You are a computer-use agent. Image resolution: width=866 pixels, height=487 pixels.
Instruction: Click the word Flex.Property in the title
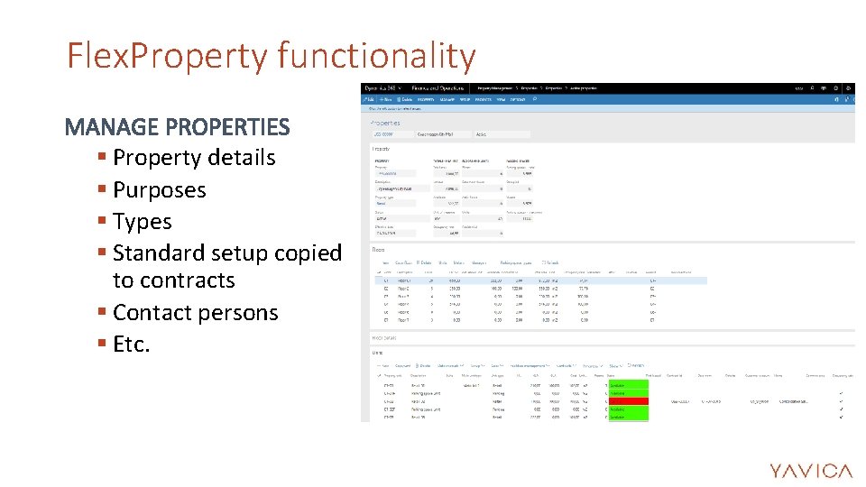pyautogui.click(x=167, y=57)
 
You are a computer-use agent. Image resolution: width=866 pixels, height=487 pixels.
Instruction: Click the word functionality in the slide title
pyautogui.click(x=376, y=57)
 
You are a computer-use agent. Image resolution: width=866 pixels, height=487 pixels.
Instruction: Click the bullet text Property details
pyautogui.click(x=194, y=158)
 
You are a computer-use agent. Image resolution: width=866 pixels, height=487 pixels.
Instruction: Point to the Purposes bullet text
pyautogui.click(x=160, y=190)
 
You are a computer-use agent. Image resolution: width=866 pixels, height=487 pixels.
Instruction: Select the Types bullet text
pyautogui.click(x=143, y=222)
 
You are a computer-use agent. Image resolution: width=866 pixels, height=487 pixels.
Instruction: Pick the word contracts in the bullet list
pyautogui.click(x=173, y=280)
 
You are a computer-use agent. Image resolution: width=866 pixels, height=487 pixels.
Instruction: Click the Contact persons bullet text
pyautogui.click(x=196, y=313)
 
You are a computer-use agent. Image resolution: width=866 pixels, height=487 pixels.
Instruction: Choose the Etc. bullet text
pyautogui.click(x=132, y=345)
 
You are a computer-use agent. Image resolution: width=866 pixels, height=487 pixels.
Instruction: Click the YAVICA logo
pyautogui.click(x=810, y=470)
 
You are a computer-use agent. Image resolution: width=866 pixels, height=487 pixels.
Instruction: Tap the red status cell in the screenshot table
pyautogui.click(x=628, y=400)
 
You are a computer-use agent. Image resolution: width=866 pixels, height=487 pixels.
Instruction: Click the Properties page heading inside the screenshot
pyautogui.click(x=385, y=123)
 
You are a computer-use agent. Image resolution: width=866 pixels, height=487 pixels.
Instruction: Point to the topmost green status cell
pyautogui.click(x=628, y=384)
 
